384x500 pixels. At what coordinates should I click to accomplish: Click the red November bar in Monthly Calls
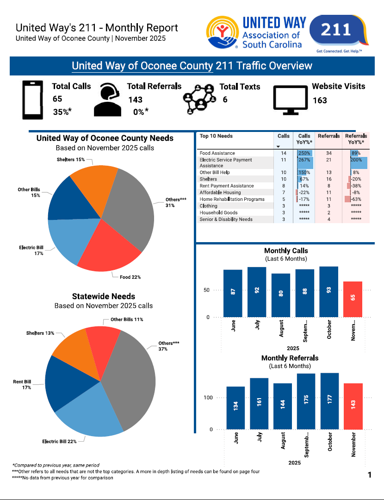click(353, 299)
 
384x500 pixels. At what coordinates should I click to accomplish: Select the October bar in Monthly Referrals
click(329, 401)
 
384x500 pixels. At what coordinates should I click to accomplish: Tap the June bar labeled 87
click(233, 293)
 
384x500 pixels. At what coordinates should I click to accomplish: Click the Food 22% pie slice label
click(130, 277)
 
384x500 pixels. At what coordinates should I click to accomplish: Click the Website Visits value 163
click(320, 100)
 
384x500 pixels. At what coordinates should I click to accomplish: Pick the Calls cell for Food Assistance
click(284, 153)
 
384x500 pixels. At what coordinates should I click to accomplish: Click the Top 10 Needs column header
click(216, 136)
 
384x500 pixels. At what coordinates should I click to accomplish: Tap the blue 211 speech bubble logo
click(336, 31)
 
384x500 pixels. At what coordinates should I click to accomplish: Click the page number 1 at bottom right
click(370, 475)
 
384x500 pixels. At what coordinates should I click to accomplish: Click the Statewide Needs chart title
click(104, 296)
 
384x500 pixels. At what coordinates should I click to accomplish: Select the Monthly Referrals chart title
click(290, 358)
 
